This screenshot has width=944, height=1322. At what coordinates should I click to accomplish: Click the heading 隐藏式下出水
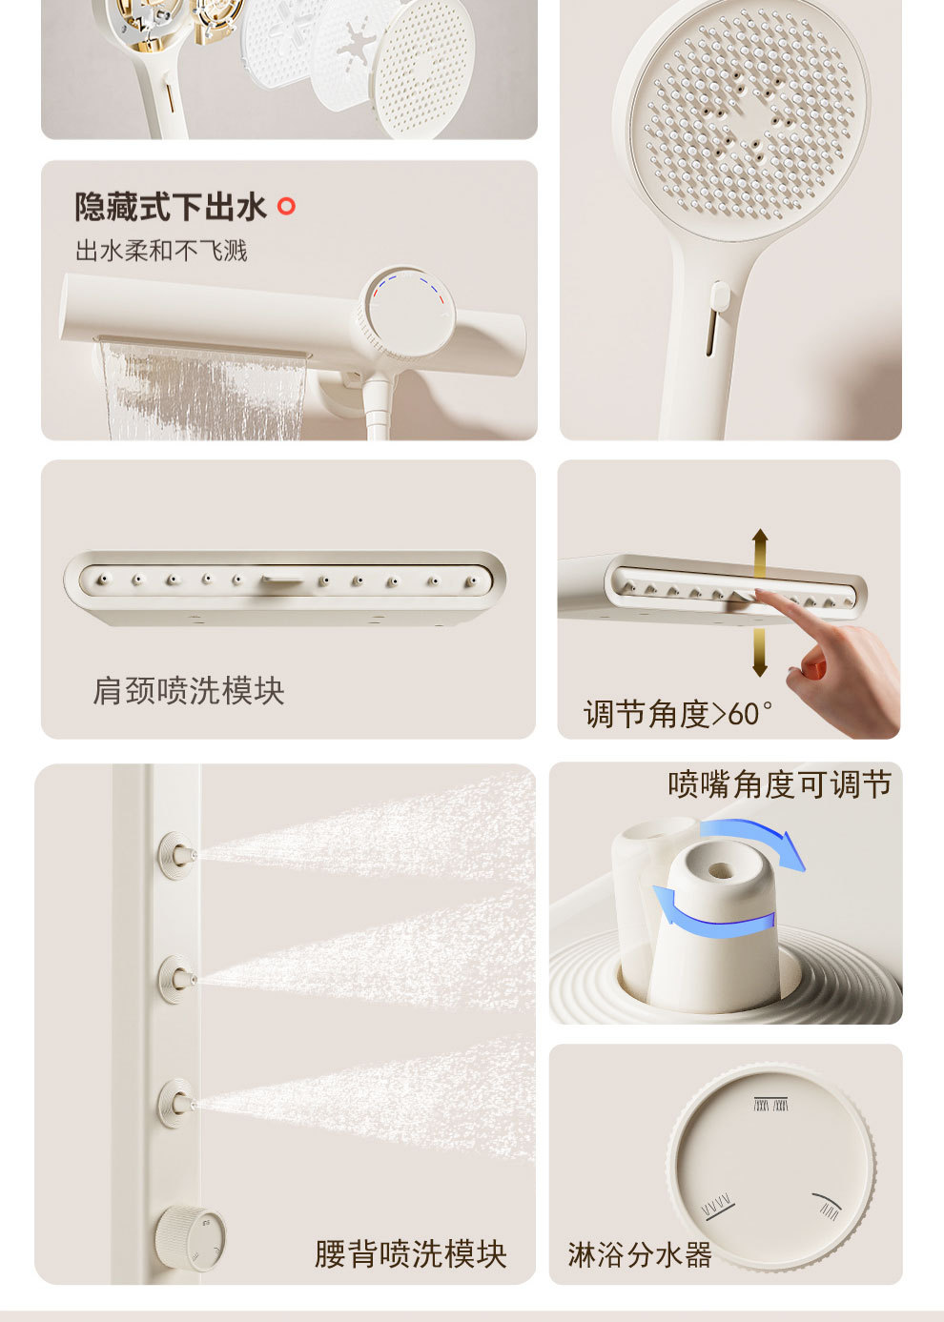pos(171,207)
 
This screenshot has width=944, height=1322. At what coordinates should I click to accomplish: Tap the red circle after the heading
pos(286,206)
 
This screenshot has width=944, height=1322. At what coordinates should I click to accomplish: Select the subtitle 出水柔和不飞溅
pos(161,251)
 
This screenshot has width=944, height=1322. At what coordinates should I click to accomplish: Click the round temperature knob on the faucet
pos(404,315)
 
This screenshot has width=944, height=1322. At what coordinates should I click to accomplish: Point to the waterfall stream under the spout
pos(203,391)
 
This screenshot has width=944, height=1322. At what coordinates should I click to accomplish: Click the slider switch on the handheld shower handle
pos(719,296)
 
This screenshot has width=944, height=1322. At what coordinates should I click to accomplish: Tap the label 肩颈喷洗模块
pos(189,691)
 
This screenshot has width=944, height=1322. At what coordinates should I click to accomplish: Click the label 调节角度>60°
pos(678,714)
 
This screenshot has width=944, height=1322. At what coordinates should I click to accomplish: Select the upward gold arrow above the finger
pos(759,552)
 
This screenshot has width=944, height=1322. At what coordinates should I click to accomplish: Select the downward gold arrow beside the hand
pos(759,654)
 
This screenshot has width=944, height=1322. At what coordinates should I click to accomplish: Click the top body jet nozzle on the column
pos(177,852)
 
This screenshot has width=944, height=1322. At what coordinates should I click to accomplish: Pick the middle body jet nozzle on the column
pos(177,979)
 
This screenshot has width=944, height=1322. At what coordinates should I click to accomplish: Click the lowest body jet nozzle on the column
pos(177,1104)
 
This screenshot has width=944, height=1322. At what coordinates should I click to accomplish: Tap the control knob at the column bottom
pos(191,1237)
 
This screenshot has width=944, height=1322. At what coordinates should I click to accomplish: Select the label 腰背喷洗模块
pos(410,1254)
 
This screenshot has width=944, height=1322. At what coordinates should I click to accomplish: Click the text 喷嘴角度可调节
pos(779,784)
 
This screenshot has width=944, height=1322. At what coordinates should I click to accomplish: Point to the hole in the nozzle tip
pos(719,870)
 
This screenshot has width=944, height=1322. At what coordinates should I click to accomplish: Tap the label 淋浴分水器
pos(640,1254)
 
